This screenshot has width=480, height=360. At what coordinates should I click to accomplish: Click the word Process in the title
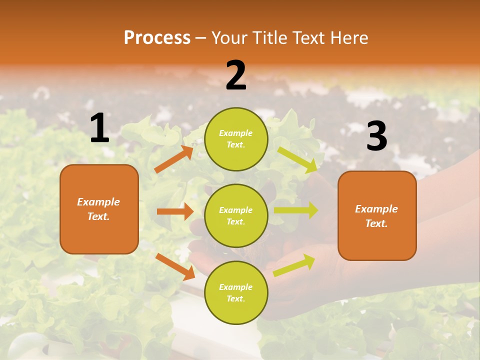(157, 38)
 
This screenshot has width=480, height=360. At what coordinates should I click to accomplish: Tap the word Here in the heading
(349, 38)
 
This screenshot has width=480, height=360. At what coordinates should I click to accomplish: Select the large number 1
(99, 128)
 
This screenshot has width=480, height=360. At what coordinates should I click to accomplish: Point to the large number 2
(236, 75)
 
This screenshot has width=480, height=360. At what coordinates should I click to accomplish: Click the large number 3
(376, 136)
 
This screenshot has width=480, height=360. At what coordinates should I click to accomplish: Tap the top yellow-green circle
(236, 139)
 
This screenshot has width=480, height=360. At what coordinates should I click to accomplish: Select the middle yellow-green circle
(236, 215)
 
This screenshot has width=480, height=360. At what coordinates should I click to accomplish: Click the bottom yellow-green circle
(236, 292)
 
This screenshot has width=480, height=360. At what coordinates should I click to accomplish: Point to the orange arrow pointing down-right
(175, 266)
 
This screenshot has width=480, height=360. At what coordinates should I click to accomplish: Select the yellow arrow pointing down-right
(297, 159)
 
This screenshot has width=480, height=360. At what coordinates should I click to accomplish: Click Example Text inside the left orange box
(98, 209)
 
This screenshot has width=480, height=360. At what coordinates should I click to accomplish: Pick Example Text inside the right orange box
(376, 216)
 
